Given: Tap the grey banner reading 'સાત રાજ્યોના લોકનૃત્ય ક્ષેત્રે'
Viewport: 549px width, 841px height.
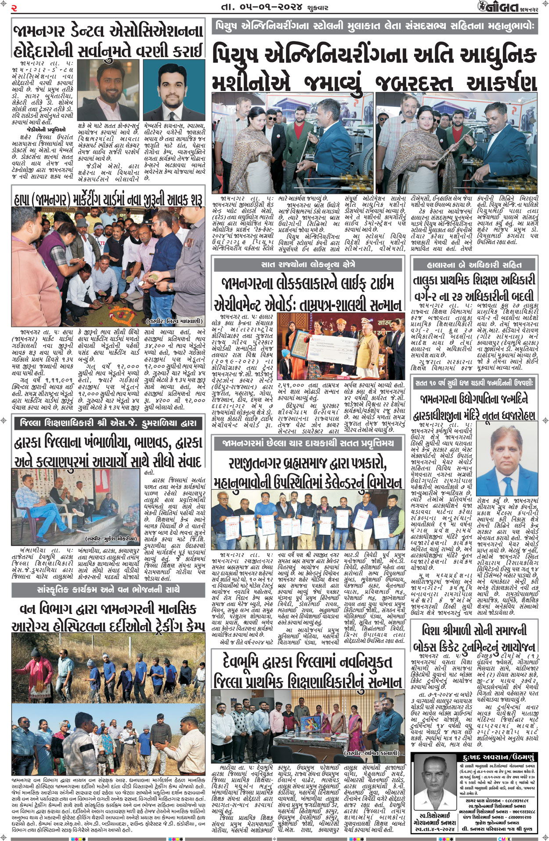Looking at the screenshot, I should [x=307, y=265].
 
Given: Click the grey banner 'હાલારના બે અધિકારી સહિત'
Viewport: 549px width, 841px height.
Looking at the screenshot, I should [x=474, y=265].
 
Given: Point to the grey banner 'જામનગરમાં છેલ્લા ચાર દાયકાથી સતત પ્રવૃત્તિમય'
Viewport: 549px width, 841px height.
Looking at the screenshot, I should [x=307, y=443].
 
